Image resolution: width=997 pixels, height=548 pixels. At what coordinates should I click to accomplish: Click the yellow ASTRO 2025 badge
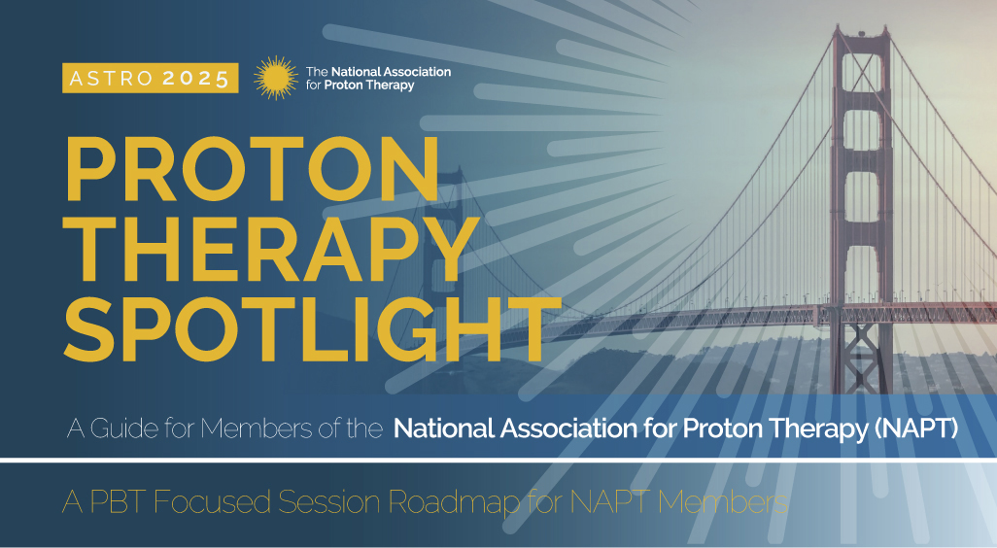(150, 78)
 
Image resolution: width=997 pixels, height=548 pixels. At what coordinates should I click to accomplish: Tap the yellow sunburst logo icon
(275, 78)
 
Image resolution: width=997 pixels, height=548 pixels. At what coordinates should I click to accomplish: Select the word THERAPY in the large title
(272, 249)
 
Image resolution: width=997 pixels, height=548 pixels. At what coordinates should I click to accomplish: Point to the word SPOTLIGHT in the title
(312, 328)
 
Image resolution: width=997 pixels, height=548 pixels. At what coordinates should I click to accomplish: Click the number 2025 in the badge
(196, 79)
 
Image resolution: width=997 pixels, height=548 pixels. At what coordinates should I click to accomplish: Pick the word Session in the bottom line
(330, 502)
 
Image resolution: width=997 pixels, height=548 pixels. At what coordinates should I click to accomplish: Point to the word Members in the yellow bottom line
(723, 502)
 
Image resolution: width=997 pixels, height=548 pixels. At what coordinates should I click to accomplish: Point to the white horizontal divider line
(498, 460)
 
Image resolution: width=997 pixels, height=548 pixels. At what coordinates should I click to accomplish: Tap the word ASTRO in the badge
(112, 79)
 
